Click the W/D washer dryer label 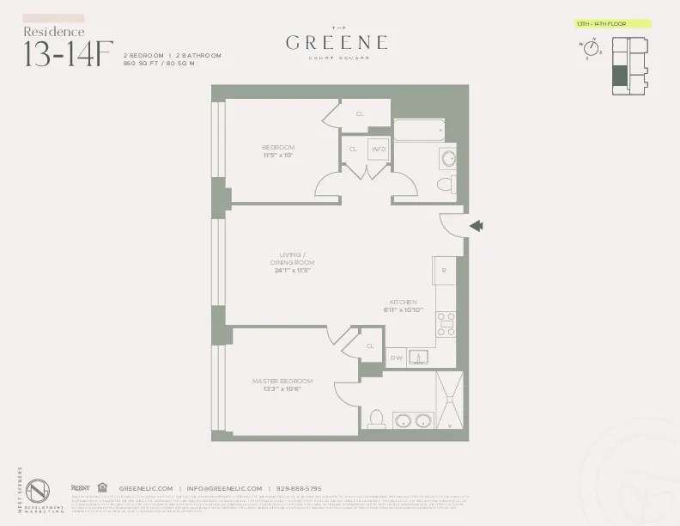tap(379, 149)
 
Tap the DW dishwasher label tap(396, 358)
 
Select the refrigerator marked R tap(444, 271)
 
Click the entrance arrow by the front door tap(477, 226)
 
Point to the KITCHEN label tap(403, 303)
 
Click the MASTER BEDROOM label tap(282, 381)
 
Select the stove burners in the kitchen tap(446, 323)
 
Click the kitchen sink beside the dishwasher tap(420, 357)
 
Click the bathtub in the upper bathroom tap(419, 131)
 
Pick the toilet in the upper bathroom tap(446, 184)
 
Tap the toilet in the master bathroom tap(374, 419)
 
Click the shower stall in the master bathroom tap(450, 400)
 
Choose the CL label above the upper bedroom tap(360, 113)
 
